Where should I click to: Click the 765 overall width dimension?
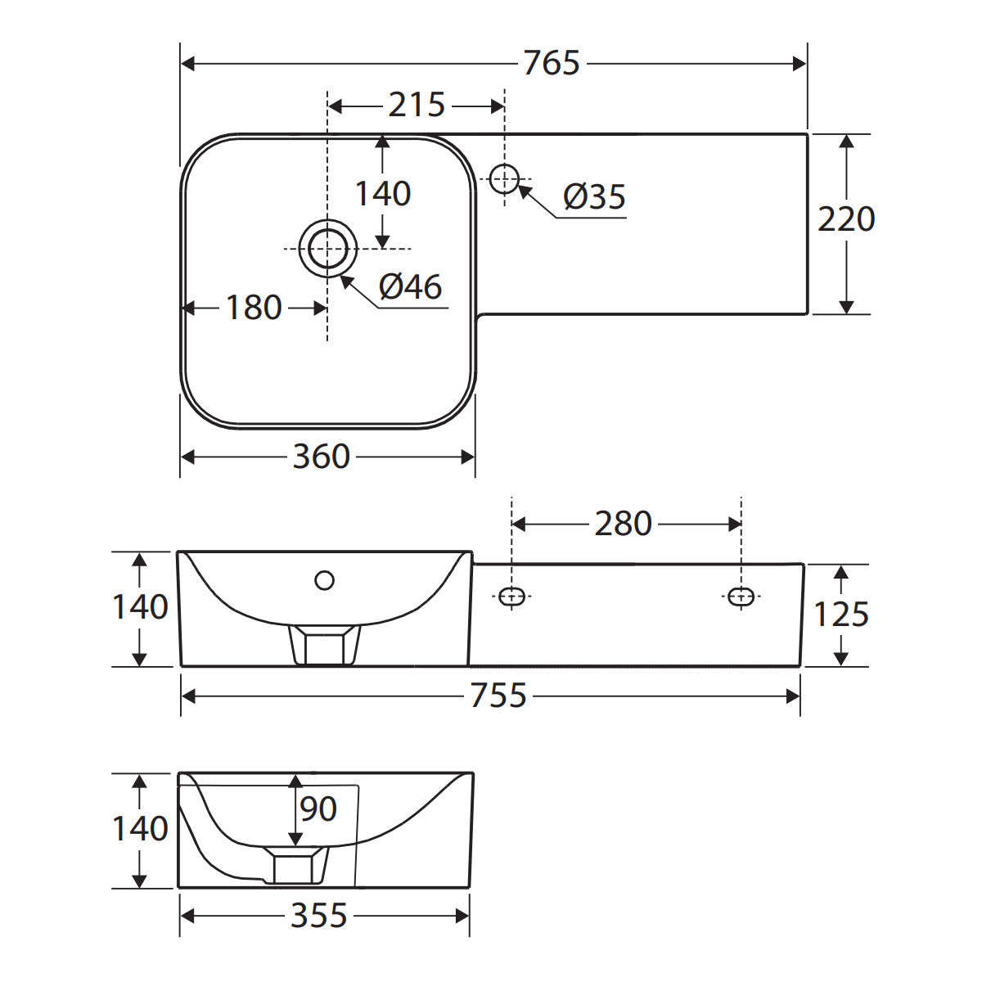click(x=552, y=63)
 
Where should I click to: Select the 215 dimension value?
click(x=417, y=106)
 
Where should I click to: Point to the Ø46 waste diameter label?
click(x=410, y=287)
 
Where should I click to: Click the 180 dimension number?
click(x=254, y=308)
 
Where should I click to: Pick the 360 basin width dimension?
click(x=321, y=457)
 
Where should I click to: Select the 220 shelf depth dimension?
click(x=846, y=219)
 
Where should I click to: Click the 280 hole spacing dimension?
click(x=624, y=524)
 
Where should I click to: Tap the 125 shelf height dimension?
click(x=841, y=614)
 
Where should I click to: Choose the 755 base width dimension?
click(x=498, y=696)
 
